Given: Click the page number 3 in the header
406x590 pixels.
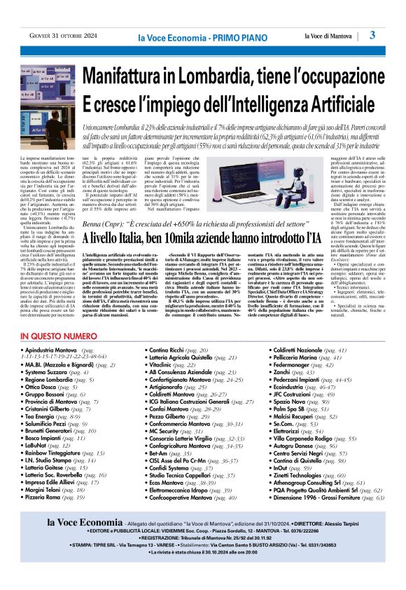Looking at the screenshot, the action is (x=372, y=35).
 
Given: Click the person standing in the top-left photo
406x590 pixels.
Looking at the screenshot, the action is (x=55, y=112).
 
